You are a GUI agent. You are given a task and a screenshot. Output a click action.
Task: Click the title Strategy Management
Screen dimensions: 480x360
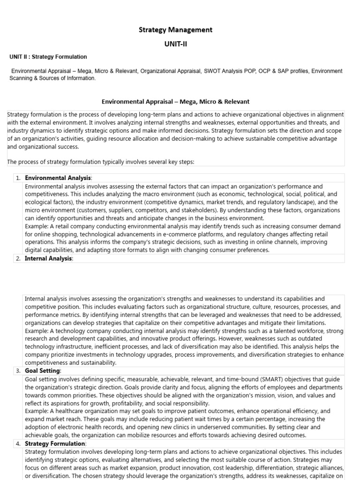click(175, 30)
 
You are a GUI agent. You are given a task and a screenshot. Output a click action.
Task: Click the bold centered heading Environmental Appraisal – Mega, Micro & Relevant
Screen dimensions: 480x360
click(176, 101)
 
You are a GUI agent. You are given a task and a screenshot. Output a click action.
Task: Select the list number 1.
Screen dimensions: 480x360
click(17, 178)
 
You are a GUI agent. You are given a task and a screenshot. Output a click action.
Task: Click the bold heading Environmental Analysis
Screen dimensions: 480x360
click(58, 178)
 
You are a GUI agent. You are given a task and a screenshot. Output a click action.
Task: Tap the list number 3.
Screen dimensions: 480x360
click(17, 371)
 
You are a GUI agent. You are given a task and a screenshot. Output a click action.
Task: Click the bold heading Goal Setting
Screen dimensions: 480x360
click(43, 371)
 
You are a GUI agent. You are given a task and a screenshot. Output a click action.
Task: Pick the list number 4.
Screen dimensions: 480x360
click(17, 443)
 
